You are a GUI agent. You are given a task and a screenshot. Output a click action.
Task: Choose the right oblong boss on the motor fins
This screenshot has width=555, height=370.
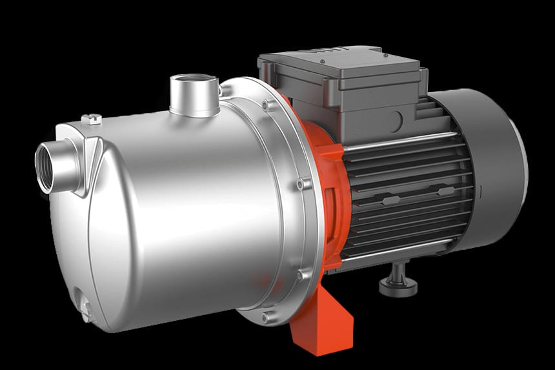[445, 191]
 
